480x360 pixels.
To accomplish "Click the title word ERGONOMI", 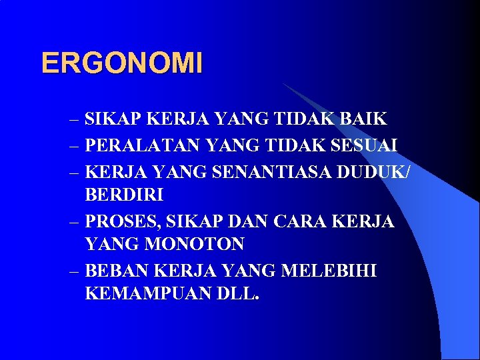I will (121, 64).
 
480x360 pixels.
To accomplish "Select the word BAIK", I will (363, 120).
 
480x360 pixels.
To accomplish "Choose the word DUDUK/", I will (374, 171).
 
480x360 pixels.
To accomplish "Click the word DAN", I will (241, 221).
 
